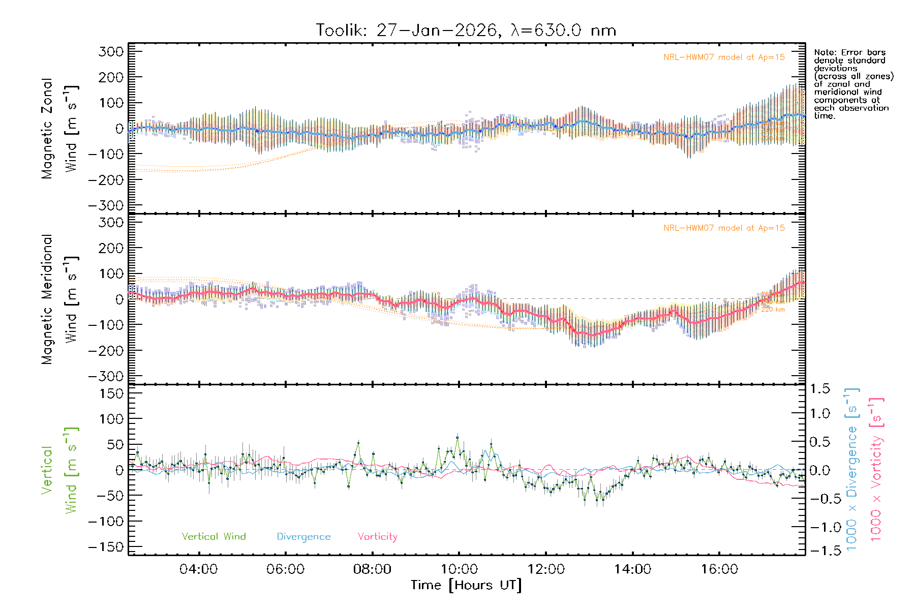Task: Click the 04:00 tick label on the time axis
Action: click(x=198, y=569)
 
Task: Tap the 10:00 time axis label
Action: click(x=459, y=569)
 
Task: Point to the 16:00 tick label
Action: click(x=719, y=569)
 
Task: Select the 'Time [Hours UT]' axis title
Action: click(x=466, y=585)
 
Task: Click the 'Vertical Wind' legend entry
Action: click(x=213, y=537)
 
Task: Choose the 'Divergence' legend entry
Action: click(x=303, y=537)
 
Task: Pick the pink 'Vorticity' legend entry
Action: click(x=377, y=537)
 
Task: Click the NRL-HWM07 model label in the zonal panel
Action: click(x=724, y=57)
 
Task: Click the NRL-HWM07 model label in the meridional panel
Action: click(x=724, y=228)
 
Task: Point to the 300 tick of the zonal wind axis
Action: click(x=111, y=51)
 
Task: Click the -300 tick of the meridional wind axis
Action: click(x=106, y=376)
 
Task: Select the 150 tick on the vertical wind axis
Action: click(x=111, y=393)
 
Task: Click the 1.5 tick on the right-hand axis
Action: click(x=820, y=389)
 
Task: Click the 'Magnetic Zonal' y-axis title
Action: click(x=47, y=129)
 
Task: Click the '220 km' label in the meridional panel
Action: click(x=773, y=309)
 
